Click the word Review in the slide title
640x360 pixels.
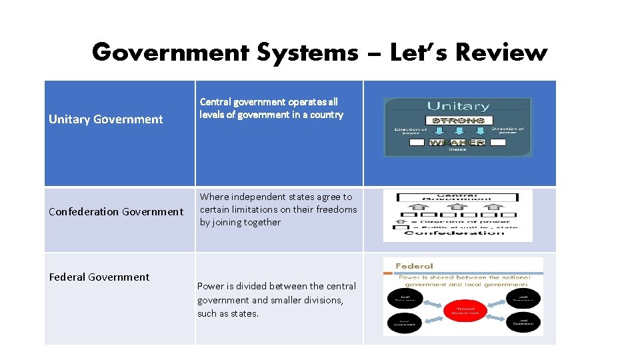pos(501,52)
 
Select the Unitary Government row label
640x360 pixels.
pos(106,119)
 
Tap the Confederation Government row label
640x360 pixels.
pos(116,212)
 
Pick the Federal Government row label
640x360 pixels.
pos(99,277)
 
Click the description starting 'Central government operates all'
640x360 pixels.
pos(271,108)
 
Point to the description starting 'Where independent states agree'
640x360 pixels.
pos(278,209)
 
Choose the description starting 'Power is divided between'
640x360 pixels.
pos(276,299)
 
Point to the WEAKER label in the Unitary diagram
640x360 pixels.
pos(457,143)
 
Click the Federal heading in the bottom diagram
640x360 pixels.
pos(415,266)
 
